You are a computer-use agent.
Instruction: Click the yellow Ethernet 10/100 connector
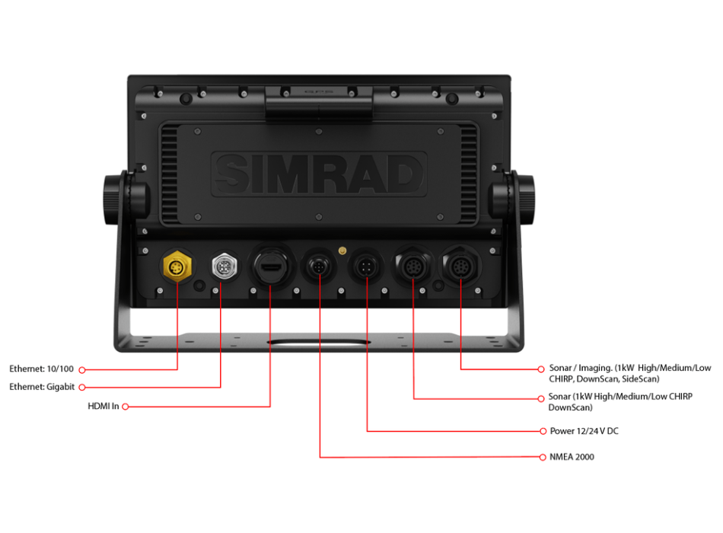[177, 266]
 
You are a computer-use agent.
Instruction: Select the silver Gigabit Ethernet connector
[221, 266]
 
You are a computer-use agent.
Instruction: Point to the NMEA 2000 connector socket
[319, 267]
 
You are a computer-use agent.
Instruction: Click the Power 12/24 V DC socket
[366, 268]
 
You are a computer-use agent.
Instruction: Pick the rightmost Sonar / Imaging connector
[461, 267]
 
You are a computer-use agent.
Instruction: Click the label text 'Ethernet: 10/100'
[42, 369]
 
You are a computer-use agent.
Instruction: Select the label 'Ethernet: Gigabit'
[42, 388]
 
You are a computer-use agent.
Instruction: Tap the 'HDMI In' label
[104, 407]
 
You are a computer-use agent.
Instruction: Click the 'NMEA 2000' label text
[572, 458]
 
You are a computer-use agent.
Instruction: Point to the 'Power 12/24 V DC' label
[584, 432]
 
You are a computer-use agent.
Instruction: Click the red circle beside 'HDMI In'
[126, 407]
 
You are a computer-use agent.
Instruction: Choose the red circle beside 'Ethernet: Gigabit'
[81, 388]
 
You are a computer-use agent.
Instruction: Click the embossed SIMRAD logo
[318, 174]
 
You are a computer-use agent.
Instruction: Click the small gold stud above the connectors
[342, 249]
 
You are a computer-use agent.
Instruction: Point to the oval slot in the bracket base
[319, 345]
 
